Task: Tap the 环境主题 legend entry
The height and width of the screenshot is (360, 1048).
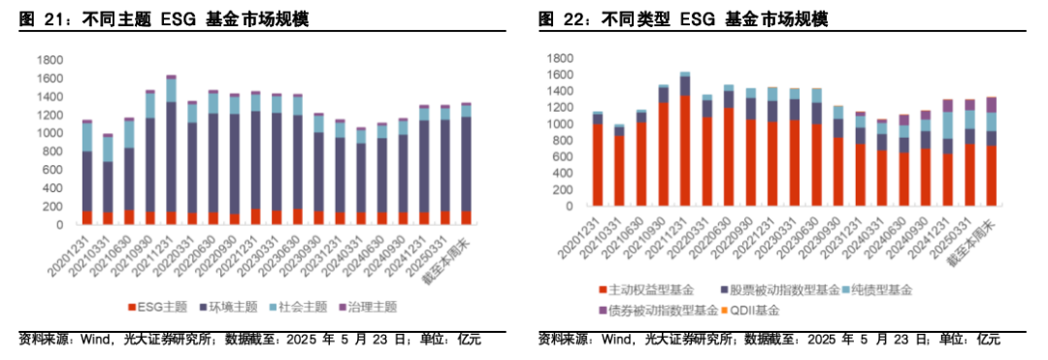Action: click(x=231, y=307)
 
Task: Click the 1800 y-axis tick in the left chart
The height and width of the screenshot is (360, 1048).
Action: click(x=49, y=59)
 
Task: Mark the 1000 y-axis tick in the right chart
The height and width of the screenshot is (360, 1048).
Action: click(x=563, y=125)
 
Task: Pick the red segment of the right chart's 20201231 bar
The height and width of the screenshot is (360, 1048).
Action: click(x=598, y=166)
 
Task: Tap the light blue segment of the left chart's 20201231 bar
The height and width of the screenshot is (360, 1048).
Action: click(x=87, y=137)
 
